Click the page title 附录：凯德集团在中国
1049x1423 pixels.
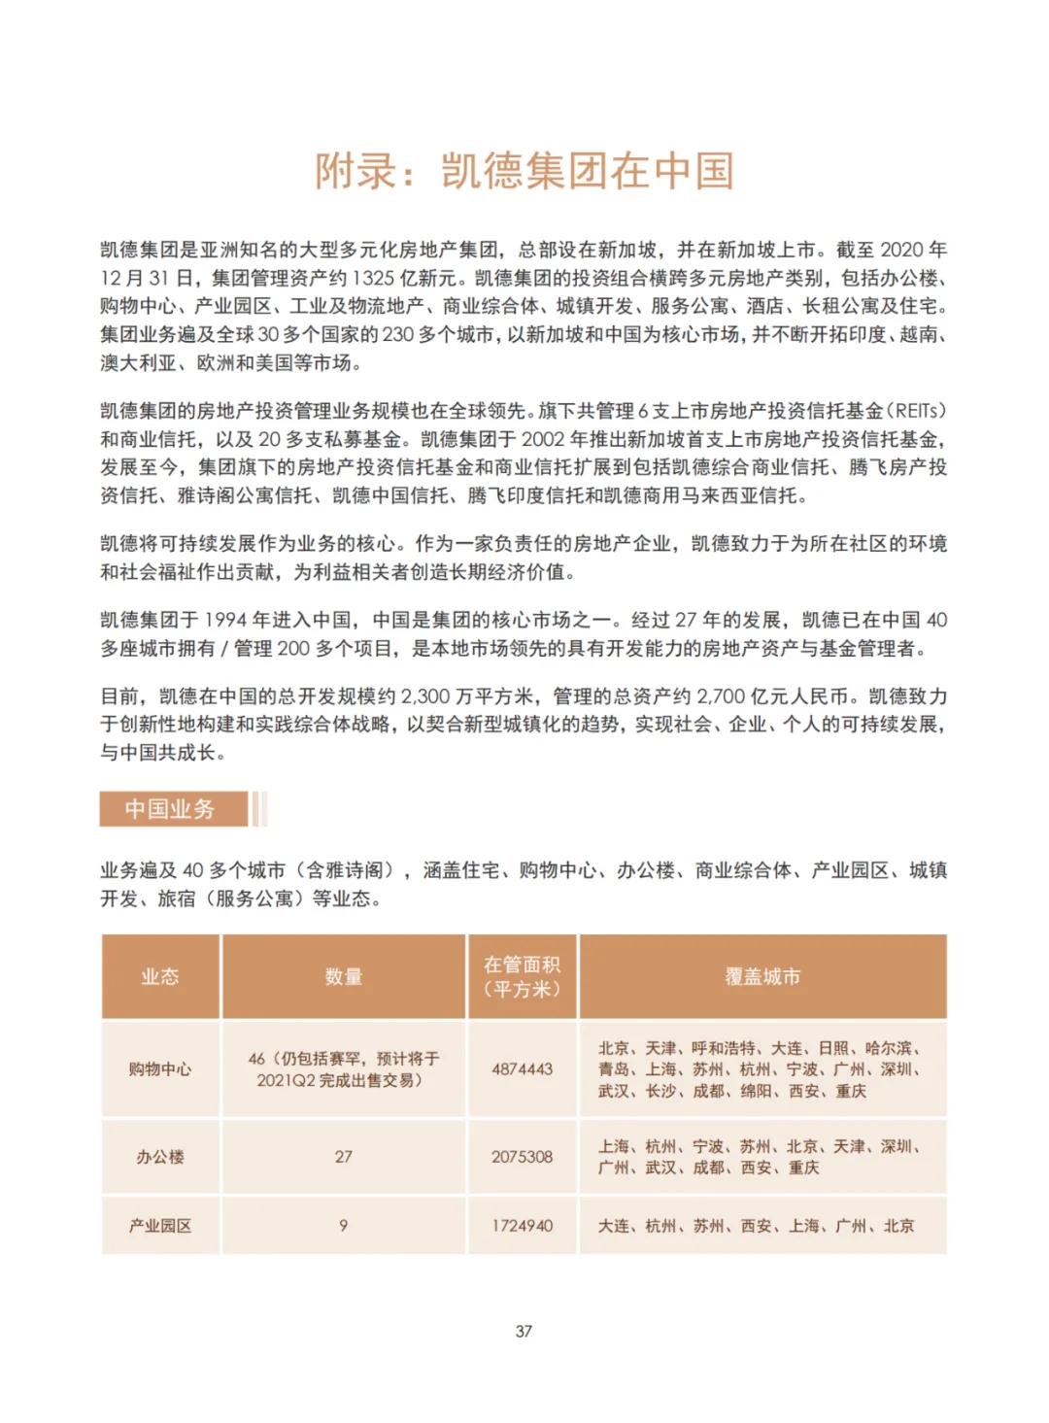[x=524, y=172]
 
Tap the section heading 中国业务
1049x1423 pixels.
[x=170, y=809]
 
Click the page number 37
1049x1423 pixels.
[x=524, y=1331]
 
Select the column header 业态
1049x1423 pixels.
[x=160, y=977]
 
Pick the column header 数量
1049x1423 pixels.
[x=344, y=977]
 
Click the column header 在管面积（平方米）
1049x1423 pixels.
[x=523, y=977]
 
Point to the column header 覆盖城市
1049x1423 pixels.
[x=762, y=977]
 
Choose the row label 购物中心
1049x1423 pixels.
[x=160, y=1069]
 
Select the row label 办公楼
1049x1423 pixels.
[x=160, y=1157]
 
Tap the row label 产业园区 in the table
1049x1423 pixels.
[x=160, y=1226]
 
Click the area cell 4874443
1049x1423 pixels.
[x=523, y=1069]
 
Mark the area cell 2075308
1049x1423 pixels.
[x=523, y=1157]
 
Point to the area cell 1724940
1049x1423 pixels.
[x=523, y=1226]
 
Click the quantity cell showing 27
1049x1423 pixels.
[x=344, y=1157]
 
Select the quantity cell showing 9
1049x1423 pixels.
[x=344, y=1226]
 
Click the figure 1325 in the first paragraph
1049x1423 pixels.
[x=373, y=279]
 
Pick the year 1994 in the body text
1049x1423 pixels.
[x=226, y=621]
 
